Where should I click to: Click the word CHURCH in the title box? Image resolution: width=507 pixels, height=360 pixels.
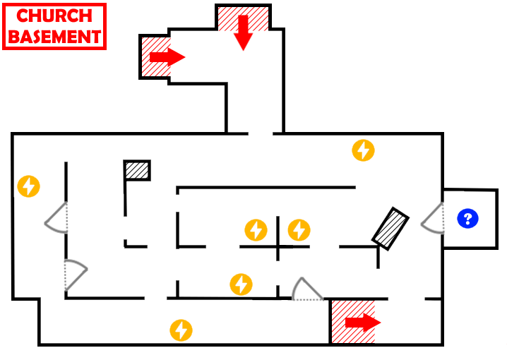[x=54, y=16]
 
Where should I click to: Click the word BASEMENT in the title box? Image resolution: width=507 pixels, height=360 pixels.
[x=54, y=37]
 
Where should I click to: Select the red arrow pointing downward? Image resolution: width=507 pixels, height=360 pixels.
[x=243, y=32]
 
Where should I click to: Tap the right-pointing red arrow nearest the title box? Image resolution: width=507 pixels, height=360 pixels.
[x=167, y=57]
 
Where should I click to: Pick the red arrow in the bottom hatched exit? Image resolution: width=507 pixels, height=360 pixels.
[x=363, y=322]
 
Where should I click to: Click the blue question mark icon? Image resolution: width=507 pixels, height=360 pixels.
[x=467, y=218]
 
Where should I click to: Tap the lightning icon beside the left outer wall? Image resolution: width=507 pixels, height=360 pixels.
[x=28, y=186]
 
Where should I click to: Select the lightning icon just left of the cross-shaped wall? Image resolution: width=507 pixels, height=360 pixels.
[x=256, y=230]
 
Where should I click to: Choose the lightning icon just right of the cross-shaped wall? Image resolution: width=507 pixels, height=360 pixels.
[x=299, y=230]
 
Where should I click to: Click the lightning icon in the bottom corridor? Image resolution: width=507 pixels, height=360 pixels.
[x=181, y=330]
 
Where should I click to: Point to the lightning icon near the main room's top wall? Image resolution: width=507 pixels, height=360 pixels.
[x=363, y=150]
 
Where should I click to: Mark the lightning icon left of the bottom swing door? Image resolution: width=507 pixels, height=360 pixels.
[x=241, y=284]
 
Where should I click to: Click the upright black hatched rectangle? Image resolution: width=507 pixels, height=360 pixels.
[x=137, y=170]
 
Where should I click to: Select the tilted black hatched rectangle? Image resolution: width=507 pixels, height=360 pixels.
[x=390, y=229]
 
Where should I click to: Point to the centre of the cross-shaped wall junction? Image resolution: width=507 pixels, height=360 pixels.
[x=278, y=246]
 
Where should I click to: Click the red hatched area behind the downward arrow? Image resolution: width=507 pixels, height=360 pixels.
[x=243, y=18]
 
